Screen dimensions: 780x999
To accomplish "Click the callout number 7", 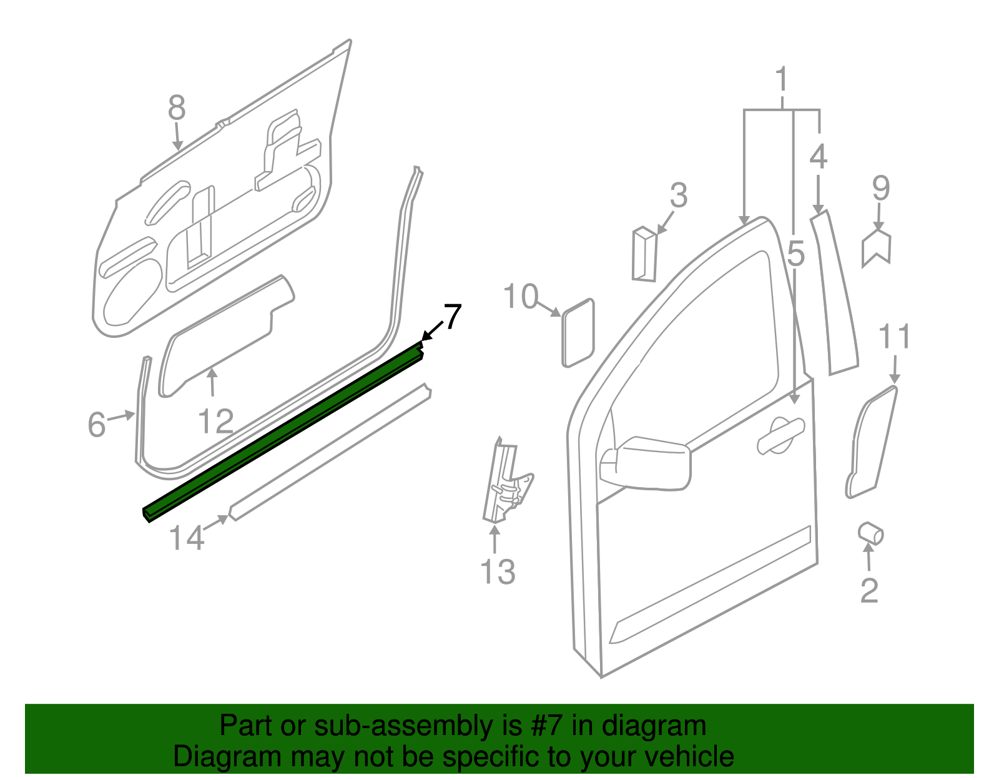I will [452, 317].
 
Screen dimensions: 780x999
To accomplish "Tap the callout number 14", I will [187, 538].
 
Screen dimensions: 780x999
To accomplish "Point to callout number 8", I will [177, 108].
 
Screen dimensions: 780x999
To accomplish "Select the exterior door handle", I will [780, 435].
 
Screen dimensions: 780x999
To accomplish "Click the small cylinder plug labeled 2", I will [871, 533].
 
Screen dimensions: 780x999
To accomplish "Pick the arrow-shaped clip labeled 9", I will [877, 248].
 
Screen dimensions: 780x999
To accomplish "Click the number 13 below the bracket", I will [498, 572].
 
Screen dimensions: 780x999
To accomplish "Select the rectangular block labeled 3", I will [644, 255].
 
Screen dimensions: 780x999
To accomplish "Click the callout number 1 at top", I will [781, 81].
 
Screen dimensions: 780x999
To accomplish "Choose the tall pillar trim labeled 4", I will [835, 294].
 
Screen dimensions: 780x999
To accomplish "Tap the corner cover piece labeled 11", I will [871, 443].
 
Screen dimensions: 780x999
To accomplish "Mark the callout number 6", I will [96, 425].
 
